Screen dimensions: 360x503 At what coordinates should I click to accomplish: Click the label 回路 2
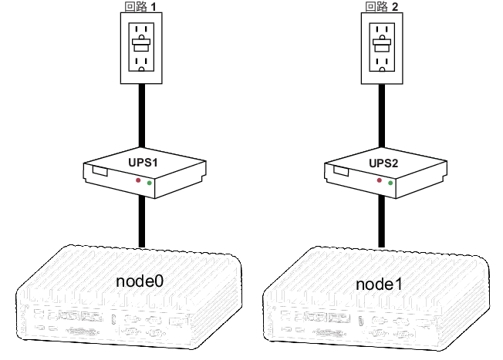coord(382,7)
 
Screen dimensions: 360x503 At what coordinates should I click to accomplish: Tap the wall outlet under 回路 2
coord(382,47)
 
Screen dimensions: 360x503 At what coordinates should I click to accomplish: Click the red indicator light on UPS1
coord(139,180)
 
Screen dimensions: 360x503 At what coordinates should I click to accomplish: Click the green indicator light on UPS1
coord(149,184)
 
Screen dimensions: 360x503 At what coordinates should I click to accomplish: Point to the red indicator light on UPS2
coord(380,180)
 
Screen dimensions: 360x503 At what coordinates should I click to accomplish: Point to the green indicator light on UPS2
coord(390,184)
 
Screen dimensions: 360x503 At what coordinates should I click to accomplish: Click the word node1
coord(379,284)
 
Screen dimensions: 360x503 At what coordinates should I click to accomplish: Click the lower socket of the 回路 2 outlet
coord(382,61)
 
